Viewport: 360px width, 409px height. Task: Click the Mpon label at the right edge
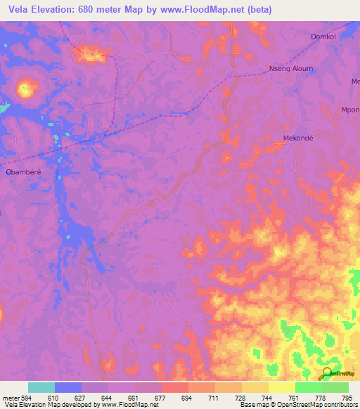350,110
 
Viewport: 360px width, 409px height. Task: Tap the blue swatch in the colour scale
68,387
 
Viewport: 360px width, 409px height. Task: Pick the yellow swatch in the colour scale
282,387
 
